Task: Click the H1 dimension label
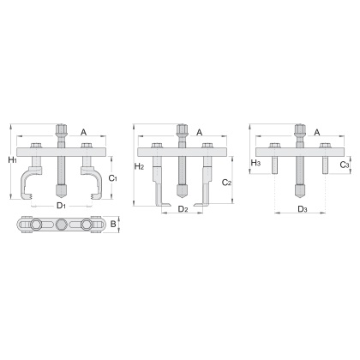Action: click(12, 160)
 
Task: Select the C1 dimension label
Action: click(113, 178)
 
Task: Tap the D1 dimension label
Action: click(61, 205)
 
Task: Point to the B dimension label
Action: click(113, 224)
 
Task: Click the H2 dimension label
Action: click(139, 166)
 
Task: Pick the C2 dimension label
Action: click(226, 183)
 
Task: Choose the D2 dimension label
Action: click(183, 209)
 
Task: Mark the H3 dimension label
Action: click(255, 163)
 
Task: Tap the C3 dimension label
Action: click(345, 165)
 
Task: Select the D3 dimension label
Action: click(303, 209)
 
